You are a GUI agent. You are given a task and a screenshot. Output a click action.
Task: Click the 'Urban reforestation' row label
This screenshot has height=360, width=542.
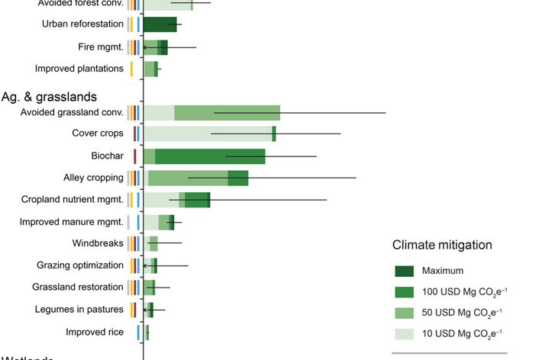tap(82, 24)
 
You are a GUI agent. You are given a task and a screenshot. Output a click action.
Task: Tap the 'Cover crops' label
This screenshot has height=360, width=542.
tap(98, 134)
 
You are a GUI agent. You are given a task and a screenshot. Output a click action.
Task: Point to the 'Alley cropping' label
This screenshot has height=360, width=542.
tap(93, 178)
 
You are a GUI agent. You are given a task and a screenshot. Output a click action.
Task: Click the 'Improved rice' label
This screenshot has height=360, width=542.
tap(95, 332)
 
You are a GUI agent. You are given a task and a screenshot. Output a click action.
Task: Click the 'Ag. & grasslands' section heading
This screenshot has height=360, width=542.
tap(49, 97)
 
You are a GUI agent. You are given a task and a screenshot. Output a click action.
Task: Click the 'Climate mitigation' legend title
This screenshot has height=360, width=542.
tap(442, 246)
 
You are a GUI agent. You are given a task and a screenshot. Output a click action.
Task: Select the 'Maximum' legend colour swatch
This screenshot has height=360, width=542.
tap(404, 271)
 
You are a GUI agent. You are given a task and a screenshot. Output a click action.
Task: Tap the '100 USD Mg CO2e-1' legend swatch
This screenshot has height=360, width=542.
tap(404, 292)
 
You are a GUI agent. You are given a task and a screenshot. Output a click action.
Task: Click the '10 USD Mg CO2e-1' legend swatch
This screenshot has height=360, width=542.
tap(404, 333)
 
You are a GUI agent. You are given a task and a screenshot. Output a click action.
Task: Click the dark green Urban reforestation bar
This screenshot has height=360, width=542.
tap(160, 24)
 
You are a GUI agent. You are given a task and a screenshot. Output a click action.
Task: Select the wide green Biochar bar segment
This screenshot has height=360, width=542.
tap(210, 156)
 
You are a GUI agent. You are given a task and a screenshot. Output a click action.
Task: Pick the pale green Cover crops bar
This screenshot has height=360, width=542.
tap(208, 134)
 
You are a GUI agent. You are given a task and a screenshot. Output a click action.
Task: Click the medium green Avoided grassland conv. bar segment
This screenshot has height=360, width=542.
tap(227, 113)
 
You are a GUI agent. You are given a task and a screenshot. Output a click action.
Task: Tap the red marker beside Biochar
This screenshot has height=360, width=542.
tap(134, 156)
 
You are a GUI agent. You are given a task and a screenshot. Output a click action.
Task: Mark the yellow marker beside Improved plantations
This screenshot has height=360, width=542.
tap(131, 69)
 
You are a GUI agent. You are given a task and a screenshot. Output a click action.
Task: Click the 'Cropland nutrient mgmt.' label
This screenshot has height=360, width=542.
tap(73, 200)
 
